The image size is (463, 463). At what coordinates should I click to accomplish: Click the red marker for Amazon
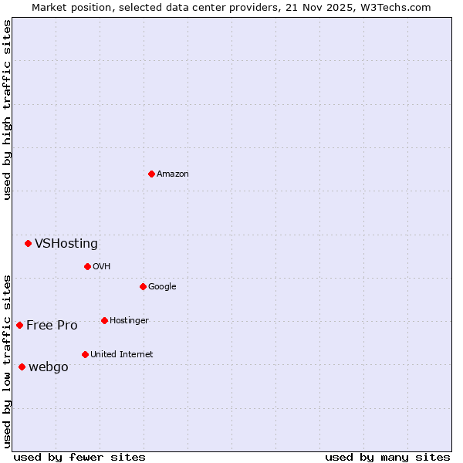click(x=151, y=174)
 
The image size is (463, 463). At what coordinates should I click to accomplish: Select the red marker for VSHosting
click(x=28, y=243)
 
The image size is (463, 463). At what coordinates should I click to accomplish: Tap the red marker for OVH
click(x=87, y=266)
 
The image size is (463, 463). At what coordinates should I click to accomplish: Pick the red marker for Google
click(x=143, y=286)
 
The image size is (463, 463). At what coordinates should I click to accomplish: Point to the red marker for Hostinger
click(x=104, y=320)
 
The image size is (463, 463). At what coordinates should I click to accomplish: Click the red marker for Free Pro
click(x=19, y=325)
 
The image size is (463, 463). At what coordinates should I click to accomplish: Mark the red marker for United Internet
click(x=85, y=354)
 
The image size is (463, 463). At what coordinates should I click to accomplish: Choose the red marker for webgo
click(x=22, y=367)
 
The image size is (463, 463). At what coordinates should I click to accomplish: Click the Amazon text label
click(x=173, y=174)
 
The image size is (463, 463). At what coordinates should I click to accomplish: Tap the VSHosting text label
click(x=66, y=244)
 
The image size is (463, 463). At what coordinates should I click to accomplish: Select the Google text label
click(x=162, y=287)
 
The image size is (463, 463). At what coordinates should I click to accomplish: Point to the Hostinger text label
click(x=129, y=321)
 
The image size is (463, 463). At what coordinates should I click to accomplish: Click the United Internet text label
click(x=122, y=355)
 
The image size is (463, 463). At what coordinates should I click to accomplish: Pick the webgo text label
click(x=49, y=367)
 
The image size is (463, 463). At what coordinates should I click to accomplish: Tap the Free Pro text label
click(x=52, y=326)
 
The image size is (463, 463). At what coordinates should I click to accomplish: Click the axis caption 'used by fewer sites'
click(x=79, y=457)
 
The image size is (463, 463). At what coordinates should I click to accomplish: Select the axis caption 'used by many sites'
click(x=387, y=457)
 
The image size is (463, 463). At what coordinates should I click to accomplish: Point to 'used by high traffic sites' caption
click(x=7, y=110)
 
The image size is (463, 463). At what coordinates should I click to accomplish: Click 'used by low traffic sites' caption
click(x=7, y=360)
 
